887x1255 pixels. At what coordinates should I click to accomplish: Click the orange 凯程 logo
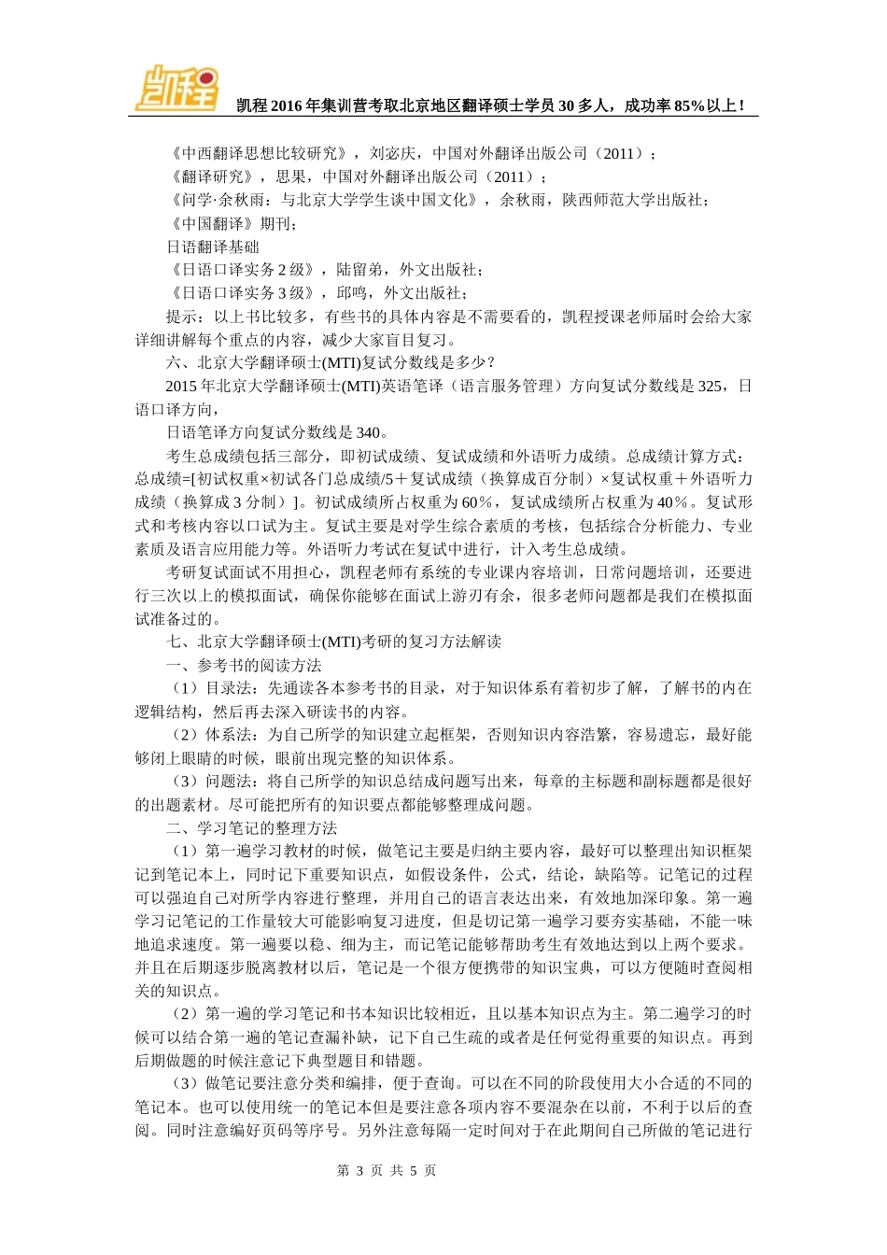tap(176, 89)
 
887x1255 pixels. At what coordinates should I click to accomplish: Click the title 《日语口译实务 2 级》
tap(242, 270)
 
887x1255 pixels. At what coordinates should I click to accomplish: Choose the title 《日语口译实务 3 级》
tap(242, 293)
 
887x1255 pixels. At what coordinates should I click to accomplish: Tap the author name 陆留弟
tap(359, 270)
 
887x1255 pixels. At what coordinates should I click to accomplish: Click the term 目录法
tap(229, 688)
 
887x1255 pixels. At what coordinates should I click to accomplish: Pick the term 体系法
tap(229, 735)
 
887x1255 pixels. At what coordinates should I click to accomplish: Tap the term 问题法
tap(229, 782)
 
